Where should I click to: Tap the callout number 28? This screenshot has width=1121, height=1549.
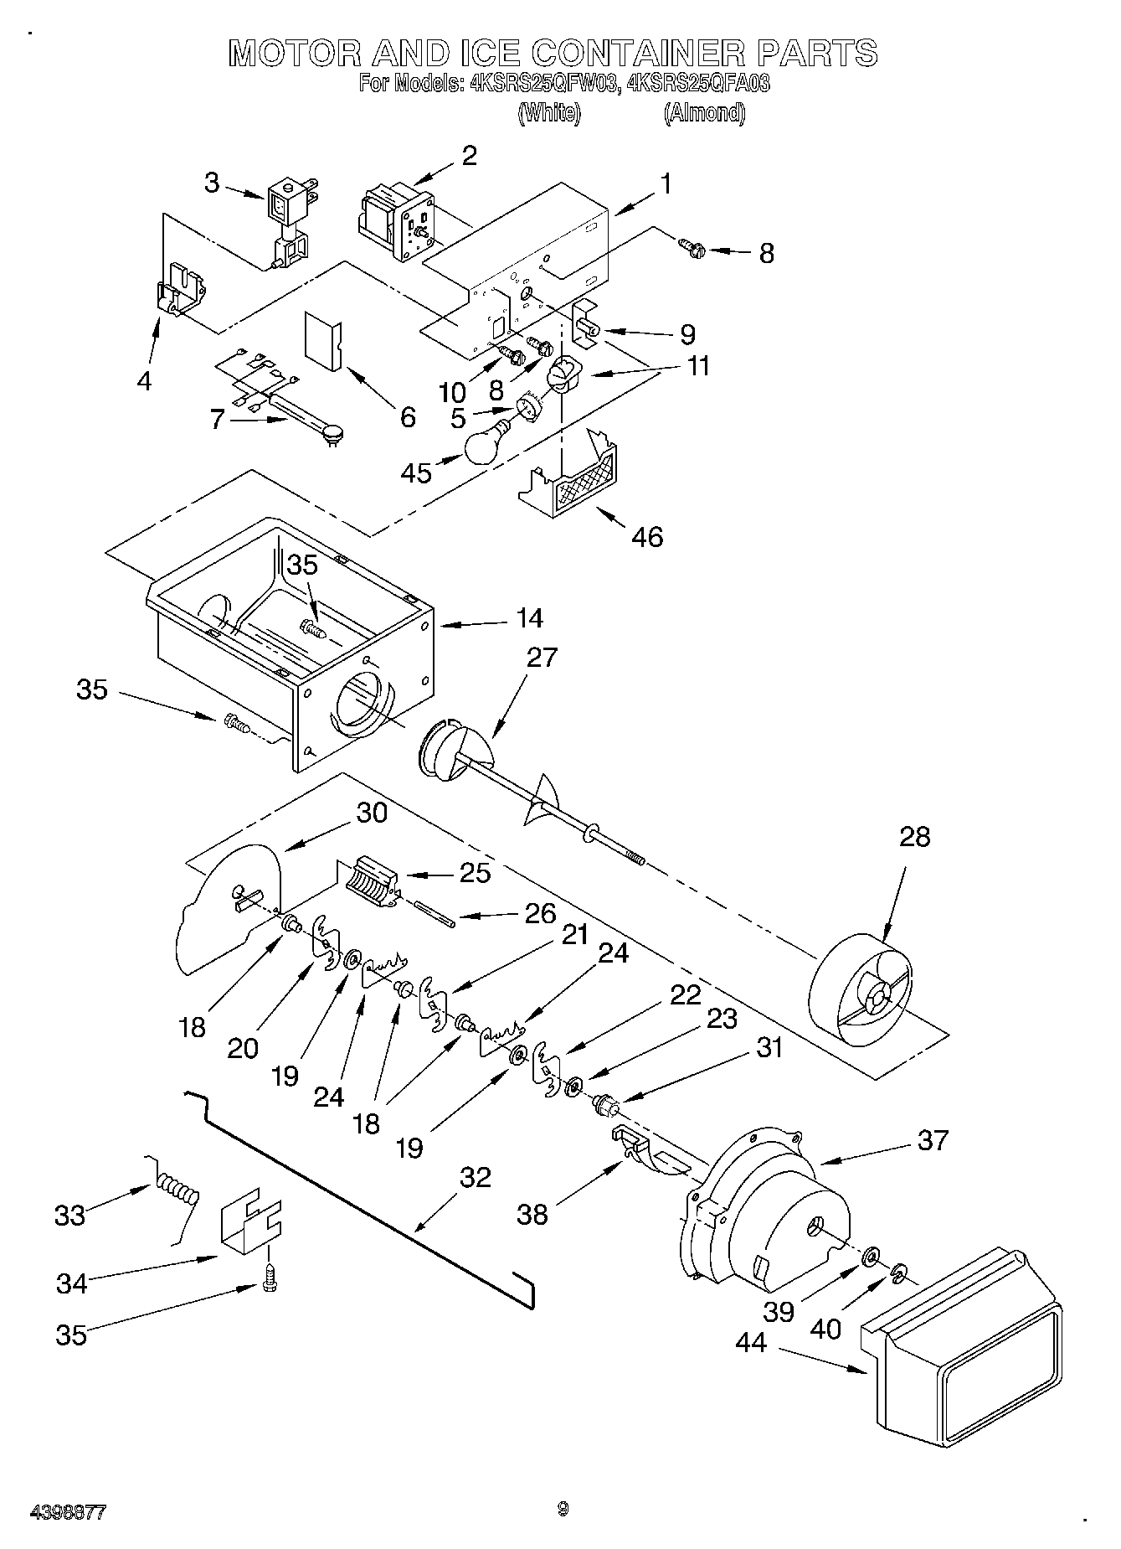(x=914, y=836)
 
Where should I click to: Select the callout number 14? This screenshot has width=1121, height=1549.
(x=530, y=618)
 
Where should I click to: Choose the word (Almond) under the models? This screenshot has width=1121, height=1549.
(x=703, y=113)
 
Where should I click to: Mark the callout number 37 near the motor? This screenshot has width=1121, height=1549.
(x=932, y=1139)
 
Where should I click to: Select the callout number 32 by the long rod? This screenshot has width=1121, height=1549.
(x=475, y=1177)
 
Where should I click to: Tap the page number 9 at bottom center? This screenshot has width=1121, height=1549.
(x=563, y=1509)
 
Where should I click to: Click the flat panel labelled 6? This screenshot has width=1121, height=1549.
(x=321, y=340)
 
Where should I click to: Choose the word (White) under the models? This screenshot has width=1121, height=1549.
(x=549, y=113)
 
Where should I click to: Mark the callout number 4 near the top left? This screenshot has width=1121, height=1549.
(x=144, y=381)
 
